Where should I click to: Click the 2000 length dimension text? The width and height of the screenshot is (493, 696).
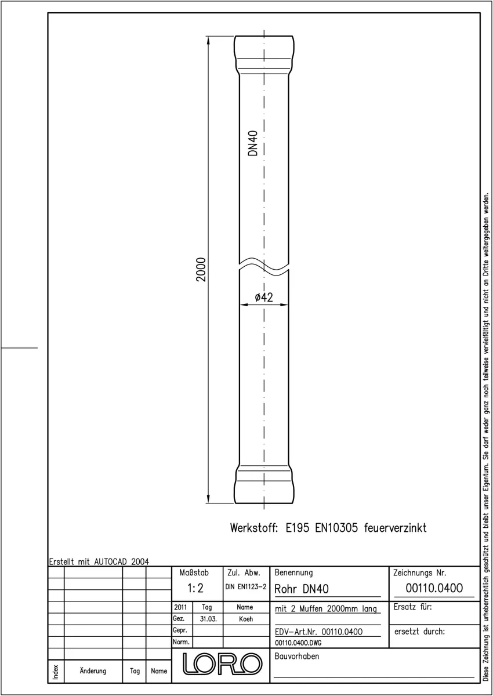coord(201,269)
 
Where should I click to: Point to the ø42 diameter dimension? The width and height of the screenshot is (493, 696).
coord(264,298)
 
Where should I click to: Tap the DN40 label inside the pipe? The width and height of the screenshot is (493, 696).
coord(253,143)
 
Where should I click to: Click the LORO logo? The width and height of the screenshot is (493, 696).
coord(222,664)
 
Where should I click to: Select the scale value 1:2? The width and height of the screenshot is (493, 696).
coord(195,588)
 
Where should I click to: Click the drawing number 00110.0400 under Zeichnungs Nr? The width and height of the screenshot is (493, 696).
coord(434,588)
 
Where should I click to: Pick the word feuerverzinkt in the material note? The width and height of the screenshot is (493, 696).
coord(395,528)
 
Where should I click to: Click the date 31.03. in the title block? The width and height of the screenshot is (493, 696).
coord(208,619)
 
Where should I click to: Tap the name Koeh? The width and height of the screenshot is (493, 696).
coord(246,619)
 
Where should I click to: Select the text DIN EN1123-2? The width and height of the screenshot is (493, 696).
coord(246,586)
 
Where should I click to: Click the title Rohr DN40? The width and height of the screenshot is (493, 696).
coord(302,589)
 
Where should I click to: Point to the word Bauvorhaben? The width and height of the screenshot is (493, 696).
coord(296,656)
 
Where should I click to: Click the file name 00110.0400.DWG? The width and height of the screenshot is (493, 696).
coord(298,643)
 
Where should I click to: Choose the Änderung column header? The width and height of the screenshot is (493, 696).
coord(93,670)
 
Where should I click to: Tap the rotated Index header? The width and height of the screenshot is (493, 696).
coord(56,672)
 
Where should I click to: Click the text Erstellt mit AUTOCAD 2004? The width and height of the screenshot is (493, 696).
coord(99,561)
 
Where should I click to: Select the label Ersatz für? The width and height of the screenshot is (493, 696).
coord(412,607)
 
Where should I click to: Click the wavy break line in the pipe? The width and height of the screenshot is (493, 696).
coord(264,266)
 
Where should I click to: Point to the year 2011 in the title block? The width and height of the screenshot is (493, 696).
coord(180,607)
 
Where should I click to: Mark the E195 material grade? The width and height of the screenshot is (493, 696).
coord(298,528)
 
